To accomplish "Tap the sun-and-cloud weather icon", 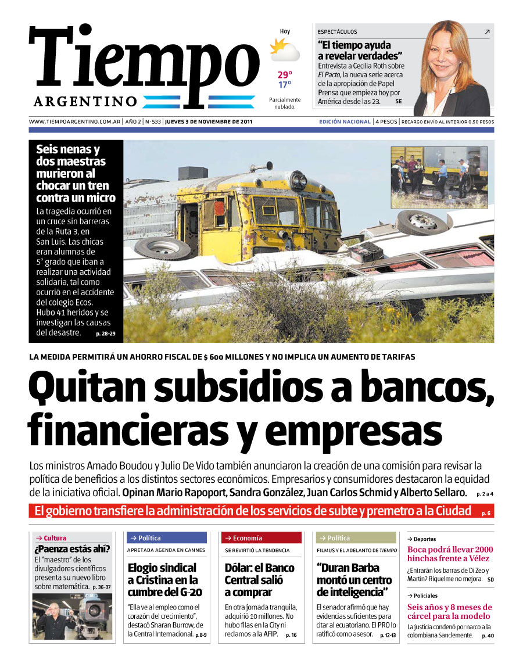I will pyautogui.click(x=285, y=50).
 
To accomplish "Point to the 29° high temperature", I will pyautogui.click(x=285, y=74).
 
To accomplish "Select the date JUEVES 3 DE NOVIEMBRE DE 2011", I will pyautogui.click(x=208, y=122).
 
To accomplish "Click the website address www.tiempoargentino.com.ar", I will pyautogui.click(x=74, y=122).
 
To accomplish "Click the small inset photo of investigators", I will pyautogui.click(x=439, y=171).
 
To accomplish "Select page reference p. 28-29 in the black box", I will pyautogui.click(x=105, y=334).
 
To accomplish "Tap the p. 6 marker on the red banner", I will pyautogui.click(x=486, y=513).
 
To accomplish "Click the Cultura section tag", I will pyautogui.click(x=52, y=538).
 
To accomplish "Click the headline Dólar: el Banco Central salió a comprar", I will pyautogui.click(x=260, y=580).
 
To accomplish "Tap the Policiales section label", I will pyautogui.click(x=424, y=596).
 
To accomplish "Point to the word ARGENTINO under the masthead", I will pyautogui.click(x=85, y=102).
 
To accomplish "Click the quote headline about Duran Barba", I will pyautogui.click(x=352, y=580).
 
